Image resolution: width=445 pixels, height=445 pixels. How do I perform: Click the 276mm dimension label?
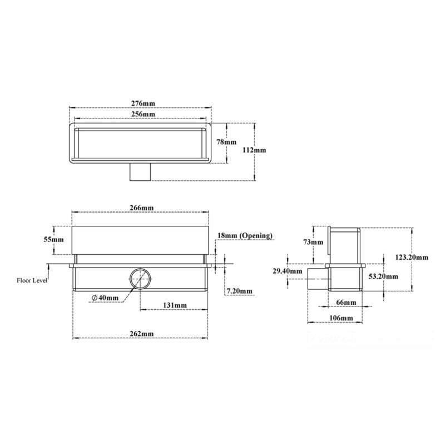[x=143, y=103]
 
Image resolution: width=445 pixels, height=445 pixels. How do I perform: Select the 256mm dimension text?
[x=143, y=114]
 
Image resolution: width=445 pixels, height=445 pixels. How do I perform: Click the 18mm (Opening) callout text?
[x=245, y=236]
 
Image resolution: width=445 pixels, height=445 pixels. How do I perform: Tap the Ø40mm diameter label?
[x=105, y=298]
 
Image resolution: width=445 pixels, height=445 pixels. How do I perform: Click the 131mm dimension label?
[x=175, y=305]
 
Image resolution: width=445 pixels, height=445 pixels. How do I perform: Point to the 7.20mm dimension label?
[x=240, y=291]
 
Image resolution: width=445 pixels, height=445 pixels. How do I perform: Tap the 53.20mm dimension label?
[x=384, y=276]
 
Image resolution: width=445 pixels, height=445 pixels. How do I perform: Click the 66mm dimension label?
[x=347, y=302]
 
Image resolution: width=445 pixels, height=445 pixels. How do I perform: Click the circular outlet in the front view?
[x=140, y=279]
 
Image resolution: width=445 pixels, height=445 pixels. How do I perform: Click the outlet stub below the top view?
[x=140, y=172]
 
